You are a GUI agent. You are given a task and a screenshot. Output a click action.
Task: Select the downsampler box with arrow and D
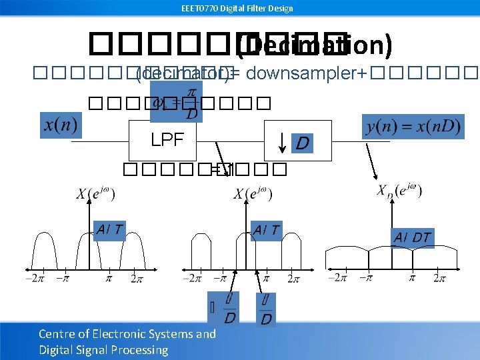[x=297, y=140]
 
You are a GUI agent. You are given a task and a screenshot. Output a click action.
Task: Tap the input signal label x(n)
[x=61, y=125]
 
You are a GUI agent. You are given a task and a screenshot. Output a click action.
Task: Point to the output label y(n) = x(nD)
[x=414, y=127]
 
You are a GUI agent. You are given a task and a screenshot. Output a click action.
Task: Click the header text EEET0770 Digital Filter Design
[x=237, y=8]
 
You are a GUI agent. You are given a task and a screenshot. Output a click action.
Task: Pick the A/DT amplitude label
[x=412, y=237]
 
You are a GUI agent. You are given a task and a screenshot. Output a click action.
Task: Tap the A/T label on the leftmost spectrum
[x=109, y=229]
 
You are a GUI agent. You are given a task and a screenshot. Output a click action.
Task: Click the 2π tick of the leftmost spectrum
[x=137, y=278]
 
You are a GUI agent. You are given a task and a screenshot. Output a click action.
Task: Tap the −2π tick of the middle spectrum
[x=193, y=278]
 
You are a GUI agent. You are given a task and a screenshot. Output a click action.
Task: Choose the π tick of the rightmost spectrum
[x=412, y=277]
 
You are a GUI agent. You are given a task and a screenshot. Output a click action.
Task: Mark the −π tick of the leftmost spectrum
[x=63, y=278]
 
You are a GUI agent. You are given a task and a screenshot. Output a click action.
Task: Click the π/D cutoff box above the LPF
[x=176, y=102]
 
